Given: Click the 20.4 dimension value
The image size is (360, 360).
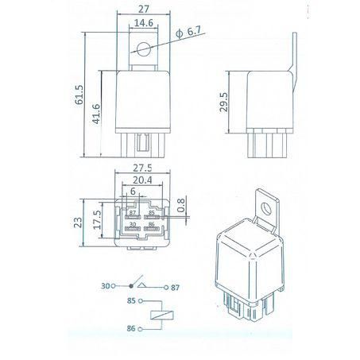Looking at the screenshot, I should coord(143,181).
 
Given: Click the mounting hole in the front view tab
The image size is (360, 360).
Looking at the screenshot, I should coord(143,51).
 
